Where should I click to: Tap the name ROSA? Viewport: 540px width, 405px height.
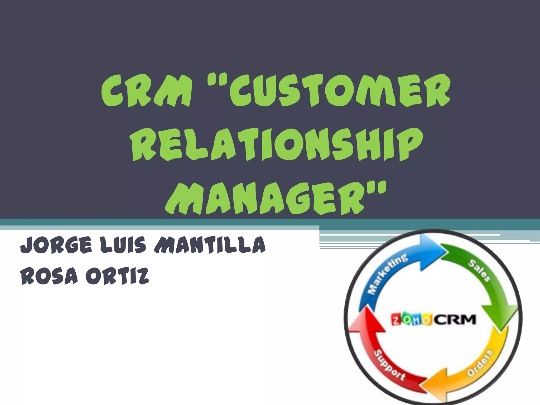click(49, 276)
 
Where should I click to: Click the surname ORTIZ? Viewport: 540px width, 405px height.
click(117, 276)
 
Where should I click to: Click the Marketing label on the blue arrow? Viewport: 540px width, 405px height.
click(388, 274)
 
